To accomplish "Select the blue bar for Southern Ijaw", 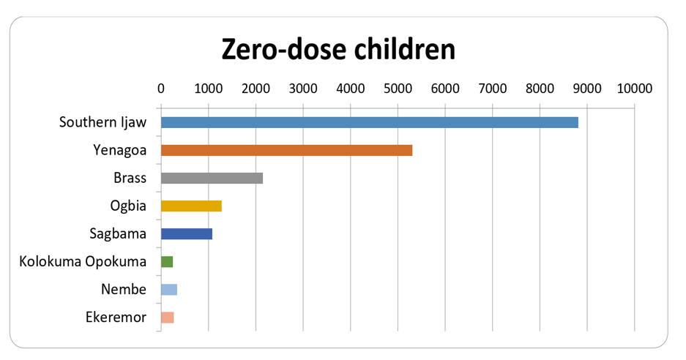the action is (x=370, y=122).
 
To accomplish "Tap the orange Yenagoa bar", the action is (x=286, y=151).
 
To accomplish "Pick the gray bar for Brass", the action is (x=212, y=178).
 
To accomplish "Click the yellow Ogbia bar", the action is (x=191, y=206).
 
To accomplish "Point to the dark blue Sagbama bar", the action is (x=187, y=234).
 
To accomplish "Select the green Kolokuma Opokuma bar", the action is (x=167, y=261).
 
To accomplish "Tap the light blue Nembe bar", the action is (x=169, y=290).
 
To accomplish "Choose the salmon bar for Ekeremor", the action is (x=168, y=318).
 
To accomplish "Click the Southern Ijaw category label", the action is (x=102, y=122).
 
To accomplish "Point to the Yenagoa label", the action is (x=120, y=150).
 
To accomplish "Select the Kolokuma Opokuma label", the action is (x=83, y=261).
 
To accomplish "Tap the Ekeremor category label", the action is (x=116, y=317).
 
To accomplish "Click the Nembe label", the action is (x=124, y=289).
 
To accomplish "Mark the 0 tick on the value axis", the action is (x=161, y=89).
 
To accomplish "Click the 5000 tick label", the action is (x=398, y=89).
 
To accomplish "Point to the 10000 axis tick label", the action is (x=635, y=89).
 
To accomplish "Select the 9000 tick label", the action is (x=587, y=89).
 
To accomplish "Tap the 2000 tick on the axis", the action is (x=256, y=89).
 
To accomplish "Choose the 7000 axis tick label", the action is (x=493, y=89).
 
